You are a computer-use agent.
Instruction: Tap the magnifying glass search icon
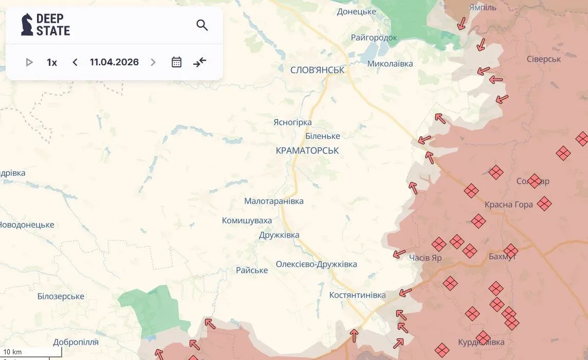(x=202, y=25)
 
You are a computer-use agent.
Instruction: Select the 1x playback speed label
(x=52, y=62)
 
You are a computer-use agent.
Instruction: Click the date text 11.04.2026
(x=114, y=62)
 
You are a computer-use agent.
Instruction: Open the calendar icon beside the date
(x=176, y=62)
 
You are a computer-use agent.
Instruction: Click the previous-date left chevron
(x=75, y=62)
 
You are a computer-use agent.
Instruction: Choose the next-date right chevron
(x=153, y=62)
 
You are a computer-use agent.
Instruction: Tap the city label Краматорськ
(x=307, y=150)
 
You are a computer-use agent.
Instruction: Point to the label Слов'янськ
(x=317, y=70)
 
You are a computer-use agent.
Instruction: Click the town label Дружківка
(x=279, y=235)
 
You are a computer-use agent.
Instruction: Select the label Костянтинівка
(x=357, y=295)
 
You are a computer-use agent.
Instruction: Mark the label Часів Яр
(x=426, y=258)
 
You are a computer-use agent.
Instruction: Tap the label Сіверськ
(x=544, y=59)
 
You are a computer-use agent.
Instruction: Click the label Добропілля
(x=76, y=342)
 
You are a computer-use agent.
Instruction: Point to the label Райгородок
(x=374, y=38)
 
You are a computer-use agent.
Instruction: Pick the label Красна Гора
(x=508, y=205)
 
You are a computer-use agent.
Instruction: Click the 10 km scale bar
(x=31, y=353)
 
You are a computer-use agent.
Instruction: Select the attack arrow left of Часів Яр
(x=399, y=254)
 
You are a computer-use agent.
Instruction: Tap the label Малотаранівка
(x=273, y=201)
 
